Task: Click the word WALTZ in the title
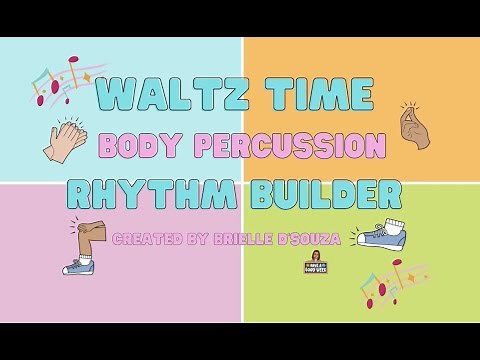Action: pos(175,97)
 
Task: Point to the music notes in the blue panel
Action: pos(62,82)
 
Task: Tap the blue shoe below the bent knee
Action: pos(78,265)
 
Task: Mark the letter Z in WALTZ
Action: pos(233,97)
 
